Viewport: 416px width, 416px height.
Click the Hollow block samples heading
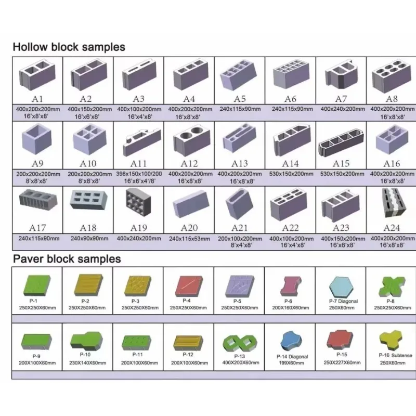point(69,47)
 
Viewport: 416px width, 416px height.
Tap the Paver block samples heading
point(67,258)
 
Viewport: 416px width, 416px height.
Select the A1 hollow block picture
point(37,74)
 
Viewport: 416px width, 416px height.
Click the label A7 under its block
point(341,99)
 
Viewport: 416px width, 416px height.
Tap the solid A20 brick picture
point(190,203)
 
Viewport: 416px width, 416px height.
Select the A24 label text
point(392,228)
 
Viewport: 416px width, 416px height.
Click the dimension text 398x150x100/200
point(139,174)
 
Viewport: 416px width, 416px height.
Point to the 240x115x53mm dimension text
point(189,239)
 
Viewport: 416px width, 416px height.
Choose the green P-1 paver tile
point(37,286)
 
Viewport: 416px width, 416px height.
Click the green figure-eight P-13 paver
point(240,343)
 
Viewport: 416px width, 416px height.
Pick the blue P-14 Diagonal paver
point(291,342)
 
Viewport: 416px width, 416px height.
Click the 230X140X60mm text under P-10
point(88,362)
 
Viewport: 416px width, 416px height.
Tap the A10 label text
point(88,164)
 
